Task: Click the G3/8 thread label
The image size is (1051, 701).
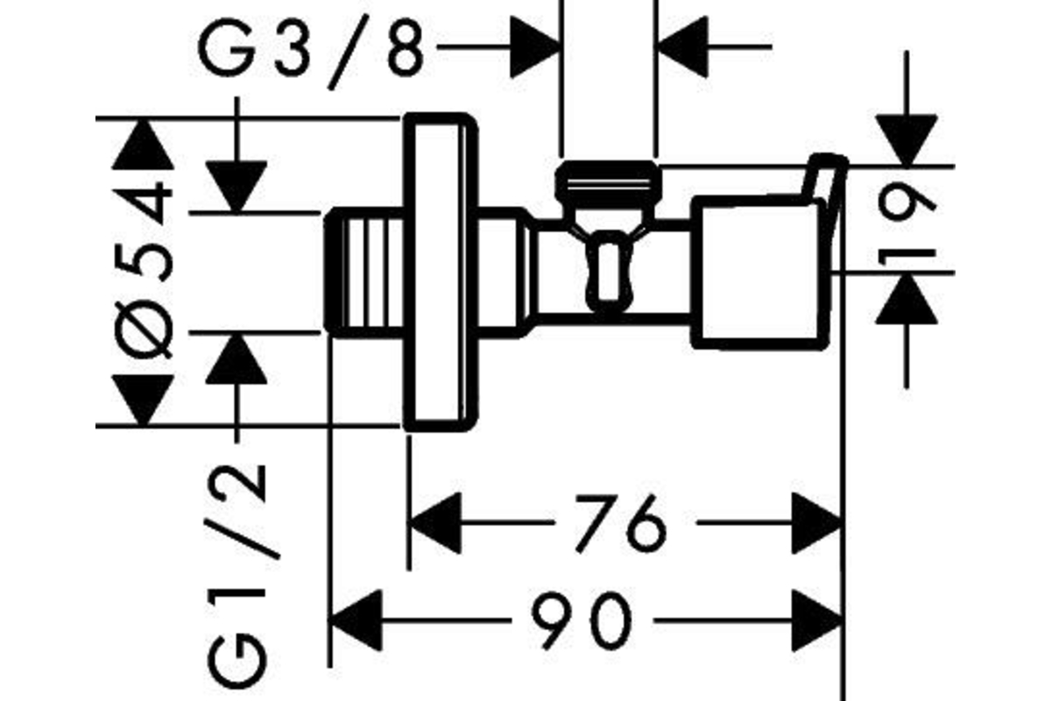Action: point(312,52)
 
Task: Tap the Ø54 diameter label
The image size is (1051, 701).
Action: point(144,271)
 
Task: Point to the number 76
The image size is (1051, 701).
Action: point(620,523)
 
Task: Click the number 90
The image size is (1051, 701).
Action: point(582,620)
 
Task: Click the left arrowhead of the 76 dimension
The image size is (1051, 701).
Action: point(434,523)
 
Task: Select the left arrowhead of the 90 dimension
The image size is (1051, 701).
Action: point(355,620)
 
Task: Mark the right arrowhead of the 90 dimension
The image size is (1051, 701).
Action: point(817,620)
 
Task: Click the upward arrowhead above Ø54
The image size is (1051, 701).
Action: point(143,145)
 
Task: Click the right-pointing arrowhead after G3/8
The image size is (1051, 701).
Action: point(536,47)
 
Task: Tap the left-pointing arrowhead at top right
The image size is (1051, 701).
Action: point(682,47)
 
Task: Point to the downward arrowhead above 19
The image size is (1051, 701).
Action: point(906,140)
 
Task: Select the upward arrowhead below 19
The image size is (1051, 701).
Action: point(906,299)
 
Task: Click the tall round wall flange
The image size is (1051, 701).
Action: point(441,272)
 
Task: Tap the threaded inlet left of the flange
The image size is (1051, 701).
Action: point(364,272)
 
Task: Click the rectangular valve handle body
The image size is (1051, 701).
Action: point(758,273)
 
